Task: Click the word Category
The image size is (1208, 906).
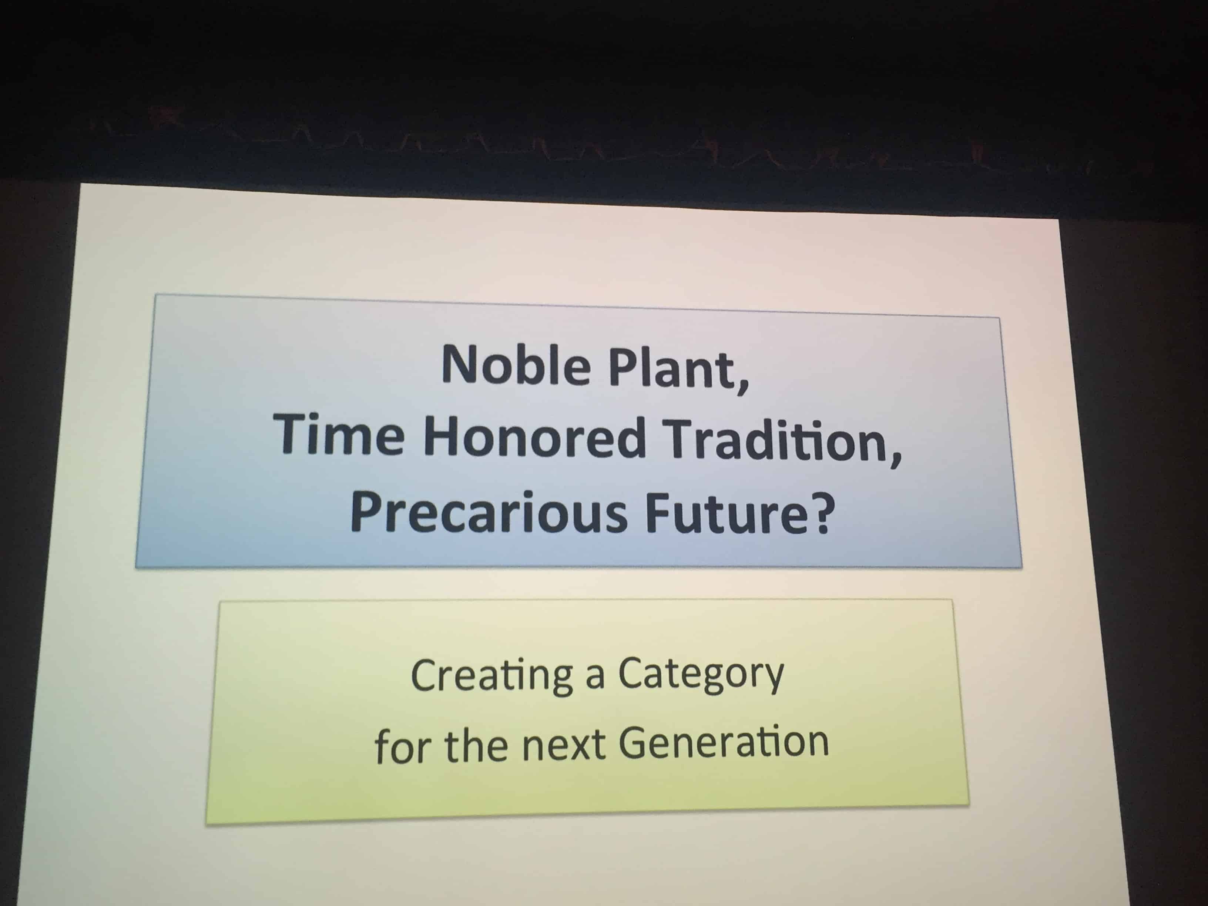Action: [701, 675]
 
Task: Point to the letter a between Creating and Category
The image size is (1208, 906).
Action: [595, 679]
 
